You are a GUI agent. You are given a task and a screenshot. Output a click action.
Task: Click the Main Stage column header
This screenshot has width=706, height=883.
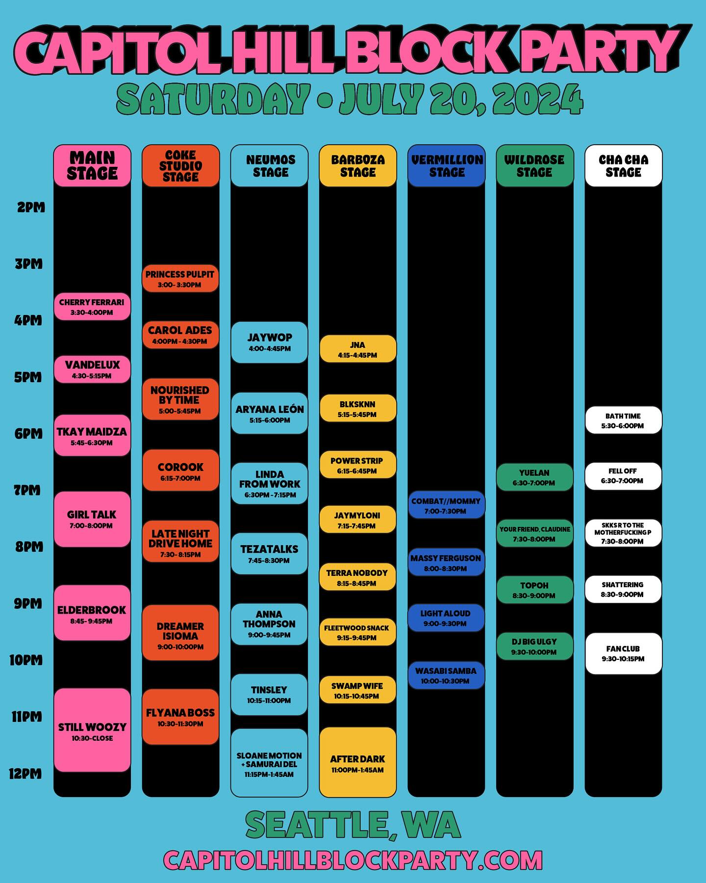(x=92, y=166)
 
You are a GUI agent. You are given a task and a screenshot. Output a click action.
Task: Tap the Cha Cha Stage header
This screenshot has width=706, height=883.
(x=623, y=166)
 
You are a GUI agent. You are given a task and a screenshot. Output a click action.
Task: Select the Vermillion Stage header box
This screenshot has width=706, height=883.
(x=446, y=166)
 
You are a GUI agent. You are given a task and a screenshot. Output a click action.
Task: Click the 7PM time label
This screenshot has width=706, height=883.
(x=27, y=490)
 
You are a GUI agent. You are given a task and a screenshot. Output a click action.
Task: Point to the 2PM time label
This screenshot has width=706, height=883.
(x=31, y=208)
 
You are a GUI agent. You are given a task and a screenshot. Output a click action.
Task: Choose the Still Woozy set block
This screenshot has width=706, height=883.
(x=92, y=730)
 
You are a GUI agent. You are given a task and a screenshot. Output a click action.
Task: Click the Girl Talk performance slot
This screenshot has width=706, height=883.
(x=92, y=519)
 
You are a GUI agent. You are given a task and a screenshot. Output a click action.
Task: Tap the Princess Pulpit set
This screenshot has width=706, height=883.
(x=180, y=279)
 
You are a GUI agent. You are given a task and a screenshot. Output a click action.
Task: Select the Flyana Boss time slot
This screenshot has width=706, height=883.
(x=180, y=717)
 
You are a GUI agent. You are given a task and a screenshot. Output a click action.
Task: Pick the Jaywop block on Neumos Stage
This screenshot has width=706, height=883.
(x=269, y=342)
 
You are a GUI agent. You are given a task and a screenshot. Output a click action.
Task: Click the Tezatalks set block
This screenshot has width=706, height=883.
(x=269, y=553)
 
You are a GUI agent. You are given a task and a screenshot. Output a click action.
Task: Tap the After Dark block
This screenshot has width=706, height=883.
(x=357, y=763)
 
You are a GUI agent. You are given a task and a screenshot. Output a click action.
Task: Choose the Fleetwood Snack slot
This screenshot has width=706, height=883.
(x=357, y=632)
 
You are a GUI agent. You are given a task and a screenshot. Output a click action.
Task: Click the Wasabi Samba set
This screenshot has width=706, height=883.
(x=446, y=675)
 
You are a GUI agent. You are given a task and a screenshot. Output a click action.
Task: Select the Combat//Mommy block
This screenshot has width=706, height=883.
(x=446, y=505)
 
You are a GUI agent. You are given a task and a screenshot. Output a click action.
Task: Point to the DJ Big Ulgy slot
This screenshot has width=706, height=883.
(x=534, y=646)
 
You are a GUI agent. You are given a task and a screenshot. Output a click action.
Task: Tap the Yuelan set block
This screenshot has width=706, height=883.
(x=534, y=477)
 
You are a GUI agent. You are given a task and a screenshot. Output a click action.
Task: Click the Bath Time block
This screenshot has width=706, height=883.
(x=623, y=420)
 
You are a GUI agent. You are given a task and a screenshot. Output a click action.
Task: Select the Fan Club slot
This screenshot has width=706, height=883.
(x=623, y=653)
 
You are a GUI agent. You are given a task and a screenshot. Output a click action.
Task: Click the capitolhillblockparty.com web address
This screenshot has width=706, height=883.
(x=353, y=860)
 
